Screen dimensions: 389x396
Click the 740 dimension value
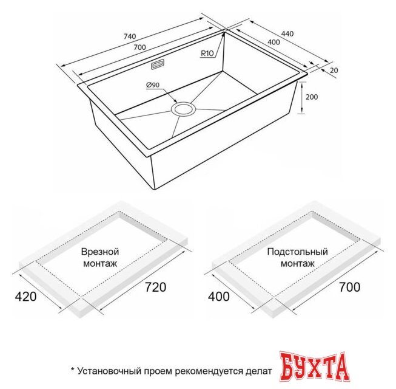[x=129, y=37]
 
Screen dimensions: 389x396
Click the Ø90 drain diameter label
[x=152, y=85]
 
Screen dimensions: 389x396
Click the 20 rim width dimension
[x=333, y=71]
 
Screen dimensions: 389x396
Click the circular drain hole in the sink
[x=183, y=109]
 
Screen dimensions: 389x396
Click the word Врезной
[x=99, y=252]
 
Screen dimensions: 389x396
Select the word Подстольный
[x=297, y=252]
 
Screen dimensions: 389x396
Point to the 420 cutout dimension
[x=25, y=297]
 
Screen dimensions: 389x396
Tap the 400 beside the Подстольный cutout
[x=218, y=297]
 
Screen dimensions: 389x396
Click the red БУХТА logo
[x=314, y=367]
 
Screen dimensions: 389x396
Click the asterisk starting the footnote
[x=72, y=369]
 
